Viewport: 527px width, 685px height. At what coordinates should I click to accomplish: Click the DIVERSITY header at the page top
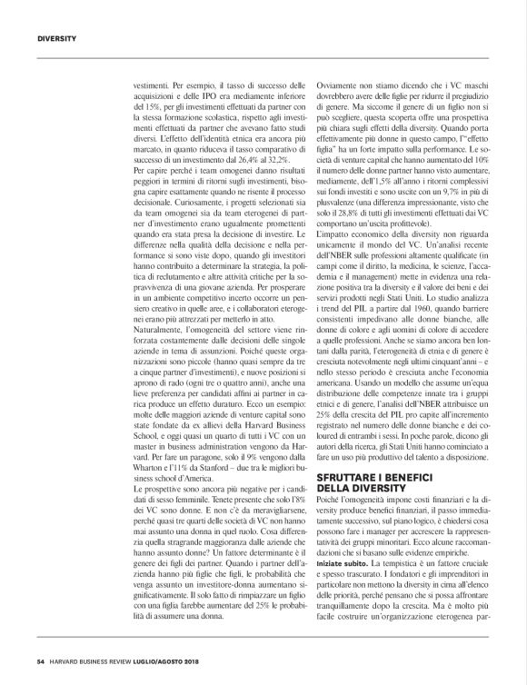tap(55, 38)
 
